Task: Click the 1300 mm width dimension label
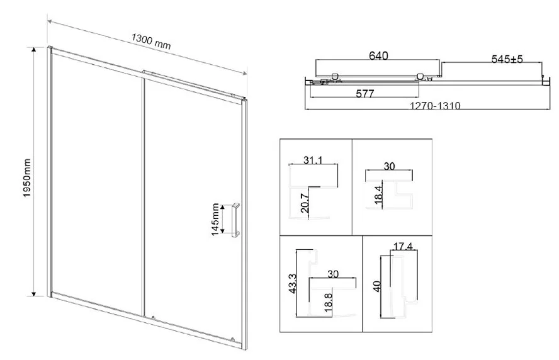[151, 42]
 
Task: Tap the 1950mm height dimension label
[27, 178]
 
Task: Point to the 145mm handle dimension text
[215, 219]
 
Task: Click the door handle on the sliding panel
[236, 220]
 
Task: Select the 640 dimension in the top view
[378, 55]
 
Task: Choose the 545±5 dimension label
[507, 59]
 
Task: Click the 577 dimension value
[365, 93]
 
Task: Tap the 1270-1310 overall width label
[435, 106]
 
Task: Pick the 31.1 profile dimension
[313, 160]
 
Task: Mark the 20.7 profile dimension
[305, 203]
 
